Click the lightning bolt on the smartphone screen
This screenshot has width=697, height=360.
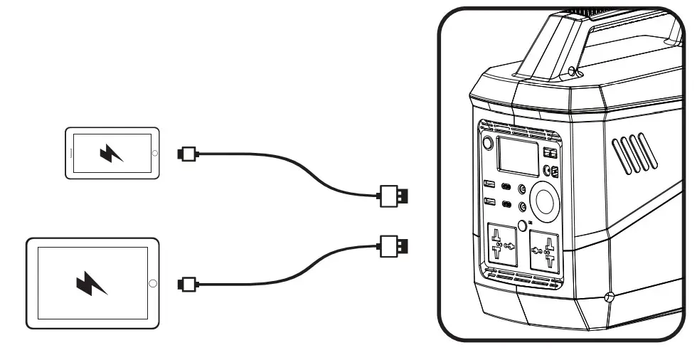111,152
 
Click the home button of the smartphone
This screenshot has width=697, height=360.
150,152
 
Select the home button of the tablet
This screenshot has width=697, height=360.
151,283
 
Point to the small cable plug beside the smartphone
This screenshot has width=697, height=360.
187,152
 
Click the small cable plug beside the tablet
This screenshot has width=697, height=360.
187,284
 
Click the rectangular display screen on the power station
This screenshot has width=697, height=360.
518,156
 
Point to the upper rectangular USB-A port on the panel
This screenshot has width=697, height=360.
489,186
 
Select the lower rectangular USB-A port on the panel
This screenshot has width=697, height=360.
489,202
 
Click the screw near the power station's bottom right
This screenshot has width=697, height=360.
608,296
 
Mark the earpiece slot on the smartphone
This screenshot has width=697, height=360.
72,152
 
